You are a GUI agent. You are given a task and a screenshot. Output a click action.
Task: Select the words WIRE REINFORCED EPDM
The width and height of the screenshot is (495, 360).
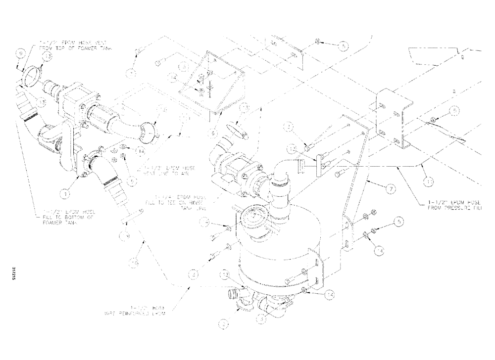[x=134, y=312]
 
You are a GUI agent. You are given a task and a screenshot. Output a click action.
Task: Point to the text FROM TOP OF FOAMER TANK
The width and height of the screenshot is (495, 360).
[x=80, y=48]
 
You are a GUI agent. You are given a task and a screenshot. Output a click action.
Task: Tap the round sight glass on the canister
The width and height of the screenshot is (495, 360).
[x=253, y=217]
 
